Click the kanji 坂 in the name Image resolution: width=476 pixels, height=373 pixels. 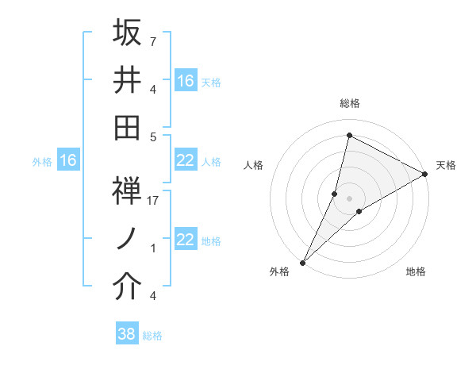pos(127,33)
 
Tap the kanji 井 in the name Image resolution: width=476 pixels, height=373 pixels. pos(127,79)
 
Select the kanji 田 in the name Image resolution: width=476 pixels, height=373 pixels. pos(127,126)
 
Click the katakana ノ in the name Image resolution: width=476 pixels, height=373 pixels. pos(127,239)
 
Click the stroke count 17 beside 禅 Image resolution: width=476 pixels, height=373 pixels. pos(153,202)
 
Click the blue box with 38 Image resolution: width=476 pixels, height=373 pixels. pos(126,334)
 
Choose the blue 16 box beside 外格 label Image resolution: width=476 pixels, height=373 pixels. pos(67,161)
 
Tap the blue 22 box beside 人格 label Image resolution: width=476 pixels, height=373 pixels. pos(186,161)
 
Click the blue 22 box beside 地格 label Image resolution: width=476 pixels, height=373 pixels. pos(186,240)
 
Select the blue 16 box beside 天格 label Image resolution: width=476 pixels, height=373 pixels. pos(186,81)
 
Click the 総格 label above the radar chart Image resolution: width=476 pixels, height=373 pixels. pos(350,103)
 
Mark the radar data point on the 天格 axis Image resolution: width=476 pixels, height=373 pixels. pos(425,175)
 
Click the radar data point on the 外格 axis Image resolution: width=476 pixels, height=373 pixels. pos(303,263)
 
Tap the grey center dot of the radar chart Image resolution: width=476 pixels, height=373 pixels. pos(349,198)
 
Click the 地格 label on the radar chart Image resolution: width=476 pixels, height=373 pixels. pos(416,272)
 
